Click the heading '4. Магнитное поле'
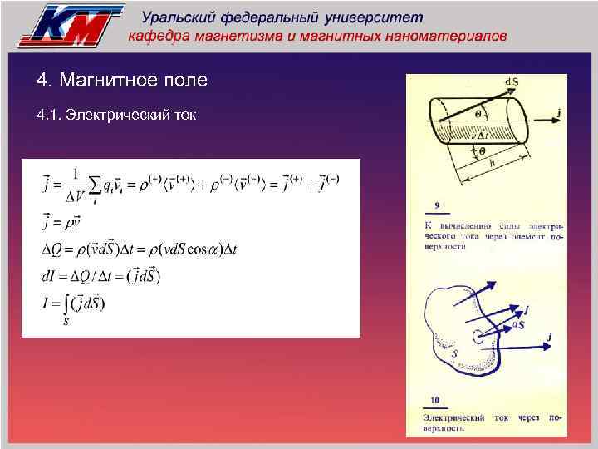[x=122, y=81]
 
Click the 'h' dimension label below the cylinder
[x=492, y=163]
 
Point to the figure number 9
[x=437, y=205]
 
